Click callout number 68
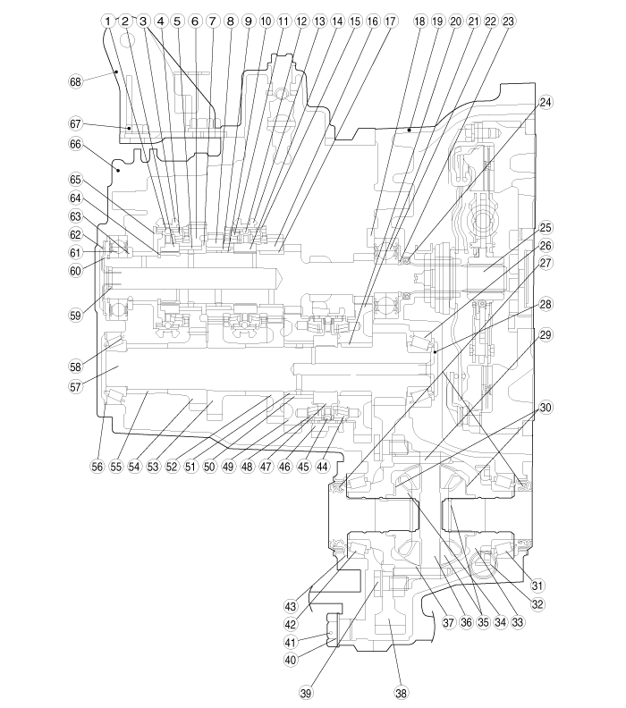click(75, 81)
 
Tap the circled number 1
click(107, 21)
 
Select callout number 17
click(390, 21)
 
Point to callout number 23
click(508, 21)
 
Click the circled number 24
click(546, 103)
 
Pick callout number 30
click(546, 408)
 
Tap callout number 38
click(401, 693)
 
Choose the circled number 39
click(306, 693)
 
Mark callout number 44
click(322, 466)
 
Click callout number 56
click(97, 466)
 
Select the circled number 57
click(75, 386)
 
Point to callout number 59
click(75, 316)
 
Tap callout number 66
click(75, 144)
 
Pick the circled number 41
click(291, 641)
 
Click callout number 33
click(518, 622)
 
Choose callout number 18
click(420, 21)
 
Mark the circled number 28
click(546, 304)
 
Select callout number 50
click(209, 466)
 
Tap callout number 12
click(301, 21)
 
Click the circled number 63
click(75, 216)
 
